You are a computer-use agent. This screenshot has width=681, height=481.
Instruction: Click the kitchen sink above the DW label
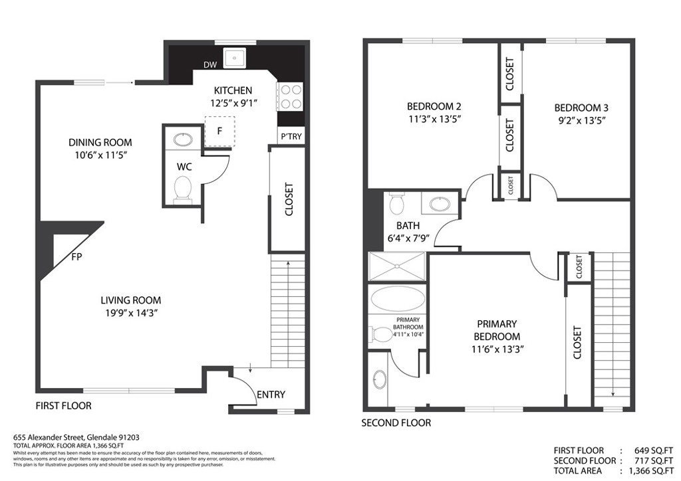coord(235,58)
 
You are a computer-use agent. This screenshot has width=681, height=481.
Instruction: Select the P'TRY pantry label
coord(291,137)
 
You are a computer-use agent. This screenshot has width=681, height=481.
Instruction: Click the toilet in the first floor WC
coord(182,189)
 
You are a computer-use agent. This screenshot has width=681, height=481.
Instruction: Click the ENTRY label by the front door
coord(271,395)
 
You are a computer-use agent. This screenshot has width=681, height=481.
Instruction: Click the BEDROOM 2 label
coord(434,106)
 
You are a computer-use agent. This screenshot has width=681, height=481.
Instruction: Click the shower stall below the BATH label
coord(398,266)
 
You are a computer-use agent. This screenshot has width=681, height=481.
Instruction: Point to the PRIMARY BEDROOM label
coord(498,330)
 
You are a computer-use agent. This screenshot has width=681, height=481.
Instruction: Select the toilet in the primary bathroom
coord(382,334)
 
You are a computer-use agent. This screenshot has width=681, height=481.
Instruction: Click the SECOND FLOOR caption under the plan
coord(396,423)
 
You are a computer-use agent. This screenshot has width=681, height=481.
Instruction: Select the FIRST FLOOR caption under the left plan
coord(63,405)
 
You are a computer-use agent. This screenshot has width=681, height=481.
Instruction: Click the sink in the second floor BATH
coord(440,203)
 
